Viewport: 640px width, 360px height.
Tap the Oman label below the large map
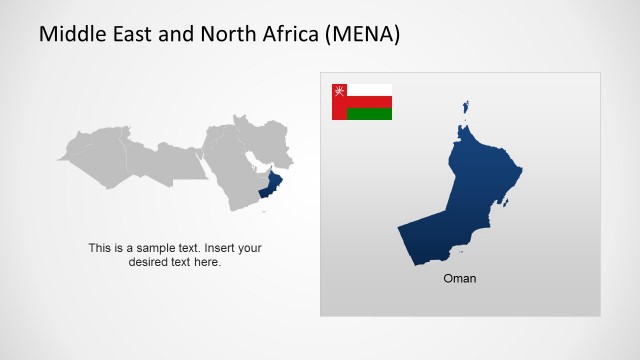coord(460,279)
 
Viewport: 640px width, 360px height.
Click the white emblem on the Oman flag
coord(339,90)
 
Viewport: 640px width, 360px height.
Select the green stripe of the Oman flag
coord(369,114)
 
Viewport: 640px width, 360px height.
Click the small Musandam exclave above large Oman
coord(465,106)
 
